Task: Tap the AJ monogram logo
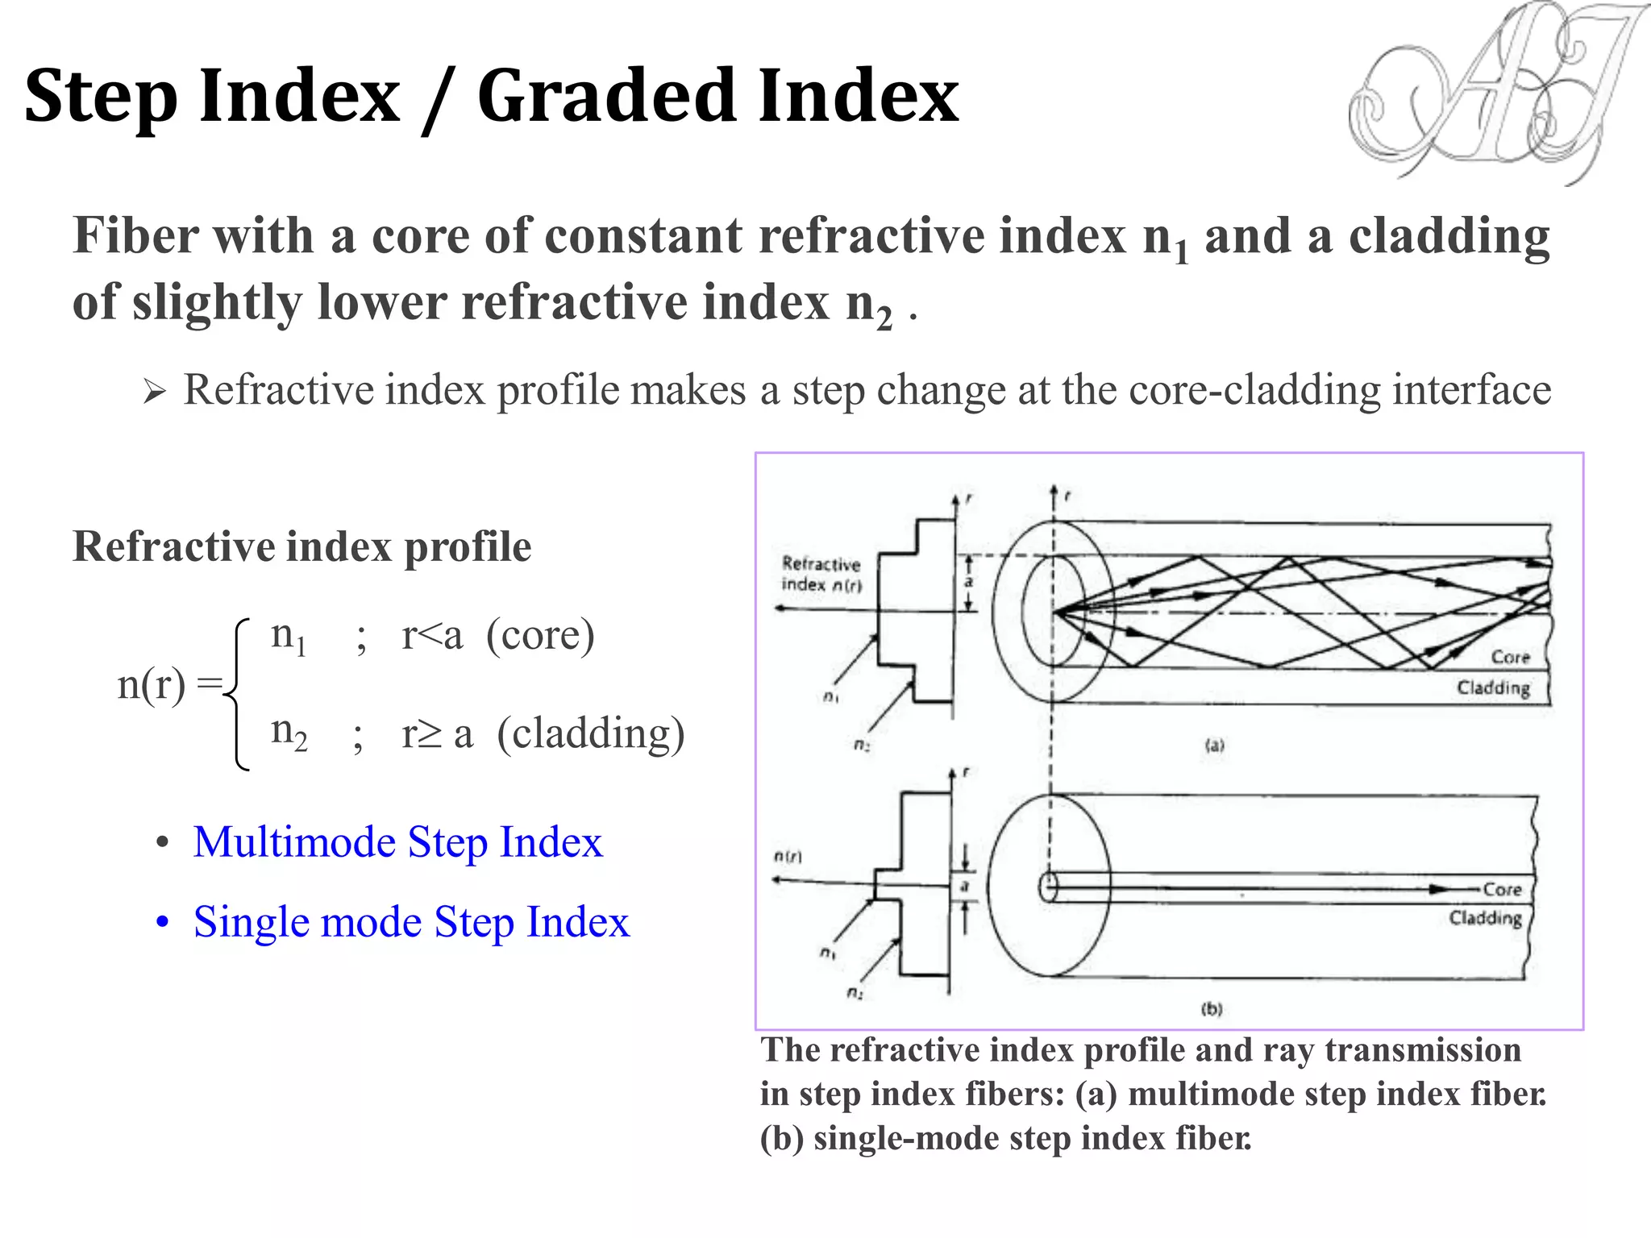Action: pyautogui.click(x=1491, y=93)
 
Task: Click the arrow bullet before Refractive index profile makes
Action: pyautogui.click(x=154, y=393)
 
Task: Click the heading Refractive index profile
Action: pyautogui.click(x=302, y=546)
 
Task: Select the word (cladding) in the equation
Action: pyautogui.click(x=591, y=733)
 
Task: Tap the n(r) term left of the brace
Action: pyautogui.click(x=152, y=685)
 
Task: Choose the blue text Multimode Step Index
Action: pyautogui.click(x=397, y=842)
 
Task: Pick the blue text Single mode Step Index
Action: pyautogui.click(x=411, y=922)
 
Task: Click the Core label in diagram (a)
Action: pyautogui.click(x=1510, y=657)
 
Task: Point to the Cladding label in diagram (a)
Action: pyautogui.click(x=1493, y=688)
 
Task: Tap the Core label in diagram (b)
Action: pyautogui.click(x=1502, y=889)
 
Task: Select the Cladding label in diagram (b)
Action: pyautogui.click(x=1485, y=918)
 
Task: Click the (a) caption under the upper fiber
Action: pyautogui.click(x=1214, y=746)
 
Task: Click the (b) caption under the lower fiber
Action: pyautogui.click(x=1212, y=1008)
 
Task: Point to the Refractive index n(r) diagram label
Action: pyautogui.click(x=821, y=574)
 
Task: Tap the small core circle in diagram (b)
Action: pyautogui.click(x=1048, y=887)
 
